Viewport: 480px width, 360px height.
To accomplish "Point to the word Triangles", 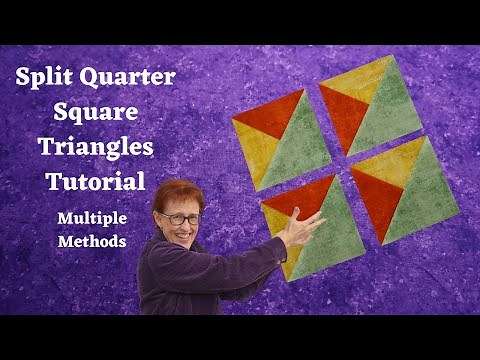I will pos(96,148).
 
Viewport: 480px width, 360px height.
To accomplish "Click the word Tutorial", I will pos(96,182).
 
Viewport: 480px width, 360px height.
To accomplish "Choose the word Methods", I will pos(96,241).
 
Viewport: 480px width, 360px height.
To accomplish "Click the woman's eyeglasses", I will pos(180,218).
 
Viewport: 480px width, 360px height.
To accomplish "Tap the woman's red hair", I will pos(177,194).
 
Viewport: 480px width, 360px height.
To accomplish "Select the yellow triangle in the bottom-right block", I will pos(397,163).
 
